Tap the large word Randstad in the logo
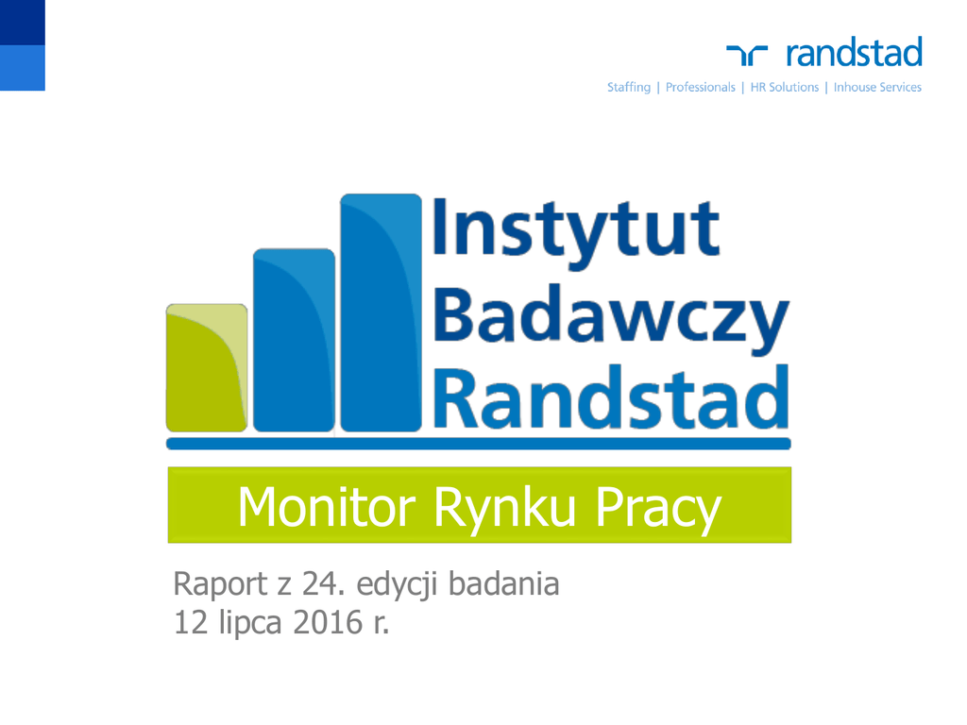point(611,397)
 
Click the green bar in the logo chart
point(207,368)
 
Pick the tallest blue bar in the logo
point(382,312)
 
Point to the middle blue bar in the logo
point(295,340)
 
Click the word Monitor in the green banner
point(326,507)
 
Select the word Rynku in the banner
point(504,509)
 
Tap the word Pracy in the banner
point(658,509)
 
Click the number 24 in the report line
point(319,583)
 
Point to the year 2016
point(328,622)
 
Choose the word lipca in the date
point(250,623)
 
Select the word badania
point(504,583)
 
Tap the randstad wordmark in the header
point(854,52)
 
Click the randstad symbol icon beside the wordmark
point(747,55)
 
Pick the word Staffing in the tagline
point(629,88)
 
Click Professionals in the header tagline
point(701,87)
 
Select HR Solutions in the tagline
point(785,87)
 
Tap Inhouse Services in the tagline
point(877,87)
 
